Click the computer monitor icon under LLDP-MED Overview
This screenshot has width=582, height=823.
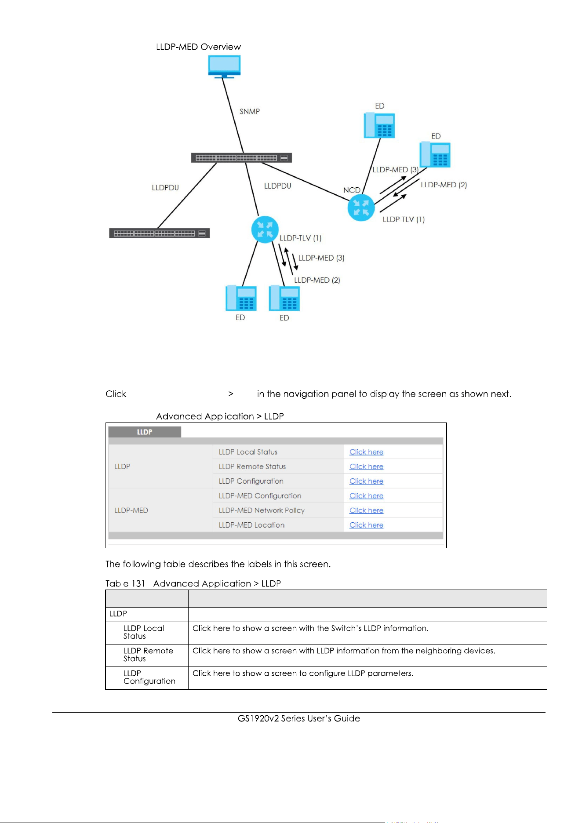pyautogui.click(x=224, y=67)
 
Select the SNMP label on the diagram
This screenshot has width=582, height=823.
pyautogui.click(x=250, y=112)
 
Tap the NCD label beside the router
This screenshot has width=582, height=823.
pyautogui.click(x=352, y=190)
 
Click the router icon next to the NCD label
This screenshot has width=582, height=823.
pyautogui.click(x=361, y=208)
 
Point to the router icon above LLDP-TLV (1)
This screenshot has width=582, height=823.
pyautogui.click(x=265, y=229)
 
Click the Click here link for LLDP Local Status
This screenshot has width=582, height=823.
pyautogui.click(x=366, y=452)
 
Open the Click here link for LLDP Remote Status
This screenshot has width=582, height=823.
pyautogui.click(x=366, y=466)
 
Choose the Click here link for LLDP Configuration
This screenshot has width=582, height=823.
pyautogui.click(x=366, y=481)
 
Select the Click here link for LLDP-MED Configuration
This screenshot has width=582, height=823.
pyautogui.click(x=366, y=496)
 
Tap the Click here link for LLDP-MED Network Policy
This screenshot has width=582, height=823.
pyautogui.click(x=366, y=510)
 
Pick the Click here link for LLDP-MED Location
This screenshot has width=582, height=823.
pyautogui.click(x=366, y=525)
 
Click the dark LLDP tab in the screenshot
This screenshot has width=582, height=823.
pyautogui.click(x=145, y=432)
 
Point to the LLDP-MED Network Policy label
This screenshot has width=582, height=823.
pyautogui.click(x=262, y=510)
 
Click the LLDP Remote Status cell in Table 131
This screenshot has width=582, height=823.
pyautogui.click(x=148, y=655)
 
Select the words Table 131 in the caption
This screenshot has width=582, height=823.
pyautogui.click(x=125, y=584)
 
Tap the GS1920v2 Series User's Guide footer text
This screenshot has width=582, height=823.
pyautogui.click(x=299, y=718)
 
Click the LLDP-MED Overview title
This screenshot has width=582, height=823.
pyautogui.click(x=198, y=47)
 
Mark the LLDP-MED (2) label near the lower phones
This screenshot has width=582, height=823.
pyautogui.click(x=317, y=280)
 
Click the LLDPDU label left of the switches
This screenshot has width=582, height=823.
pyautogui.click(x=165, y=188)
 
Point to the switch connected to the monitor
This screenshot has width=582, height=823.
pyautogui.click(x=241, y=157)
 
